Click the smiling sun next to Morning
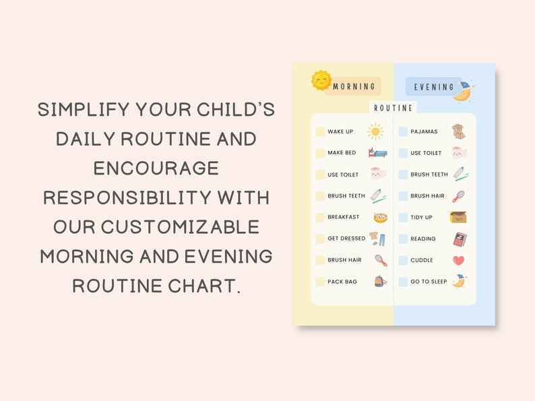click(321, 81)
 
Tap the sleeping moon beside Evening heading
click(462, 92)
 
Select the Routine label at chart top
click(394, 107)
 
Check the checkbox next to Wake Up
click(320, 132)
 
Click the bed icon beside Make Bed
click(377, 153)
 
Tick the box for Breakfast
click(320, 218)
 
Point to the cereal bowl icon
click(380, 218)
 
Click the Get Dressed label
click(346, 239)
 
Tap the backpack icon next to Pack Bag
click(380, 281)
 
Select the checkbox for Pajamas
click(403, 132)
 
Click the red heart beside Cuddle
click(458, 260)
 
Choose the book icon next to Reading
click(460, 239)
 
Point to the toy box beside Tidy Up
click(458, 217)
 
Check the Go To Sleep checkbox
click(403, 282)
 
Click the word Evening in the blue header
click(434, 87)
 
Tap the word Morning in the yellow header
click(354, 86)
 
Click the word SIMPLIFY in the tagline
click(84, 110)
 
